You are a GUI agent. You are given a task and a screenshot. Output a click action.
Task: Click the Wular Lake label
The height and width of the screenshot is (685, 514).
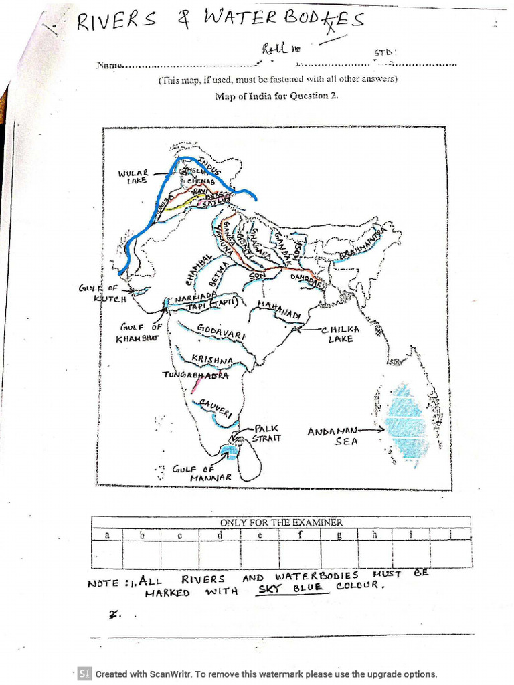tap(133, 177)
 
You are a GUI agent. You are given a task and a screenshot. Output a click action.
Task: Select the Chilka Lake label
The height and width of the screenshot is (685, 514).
tap(341, 334)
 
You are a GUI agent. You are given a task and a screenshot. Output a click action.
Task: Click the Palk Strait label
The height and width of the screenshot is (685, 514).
tap(266, 433)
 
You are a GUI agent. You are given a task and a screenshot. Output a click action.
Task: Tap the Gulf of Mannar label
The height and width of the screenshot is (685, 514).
tap(202, 473)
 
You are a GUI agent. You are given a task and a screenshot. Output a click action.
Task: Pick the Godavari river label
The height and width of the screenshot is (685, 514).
tap(222, 331)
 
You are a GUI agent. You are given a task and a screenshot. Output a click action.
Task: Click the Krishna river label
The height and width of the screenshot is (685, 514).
tap(212, 360)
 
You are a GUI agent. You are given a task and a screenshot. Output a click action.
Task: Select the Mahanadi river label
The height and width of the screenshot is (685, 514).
tap(280, 310)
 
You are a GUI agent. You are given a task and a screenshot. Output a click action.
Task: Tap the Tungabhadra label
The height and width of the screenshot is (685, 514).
tap(195, 375)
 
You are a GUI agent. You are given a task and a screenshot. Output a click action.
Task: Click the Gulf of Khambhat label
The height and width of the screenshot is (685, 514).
tap(139, 332)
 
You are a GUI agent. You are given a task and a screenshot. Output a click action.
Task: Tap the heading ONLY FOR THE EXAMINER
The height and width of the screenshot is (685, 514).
tap(281, 522)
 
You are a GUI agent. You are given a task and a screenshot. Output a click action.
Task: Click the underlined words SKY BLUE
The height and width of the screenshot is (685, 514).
tap(290, 587)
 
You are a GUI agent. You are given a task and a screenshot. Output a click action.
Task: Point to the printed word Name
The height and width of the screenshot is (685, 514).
tap(110, 65)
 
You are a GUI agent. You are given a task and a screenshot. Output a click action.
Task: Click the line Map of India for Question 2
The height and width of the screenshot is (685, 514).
tap(277, 96)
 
